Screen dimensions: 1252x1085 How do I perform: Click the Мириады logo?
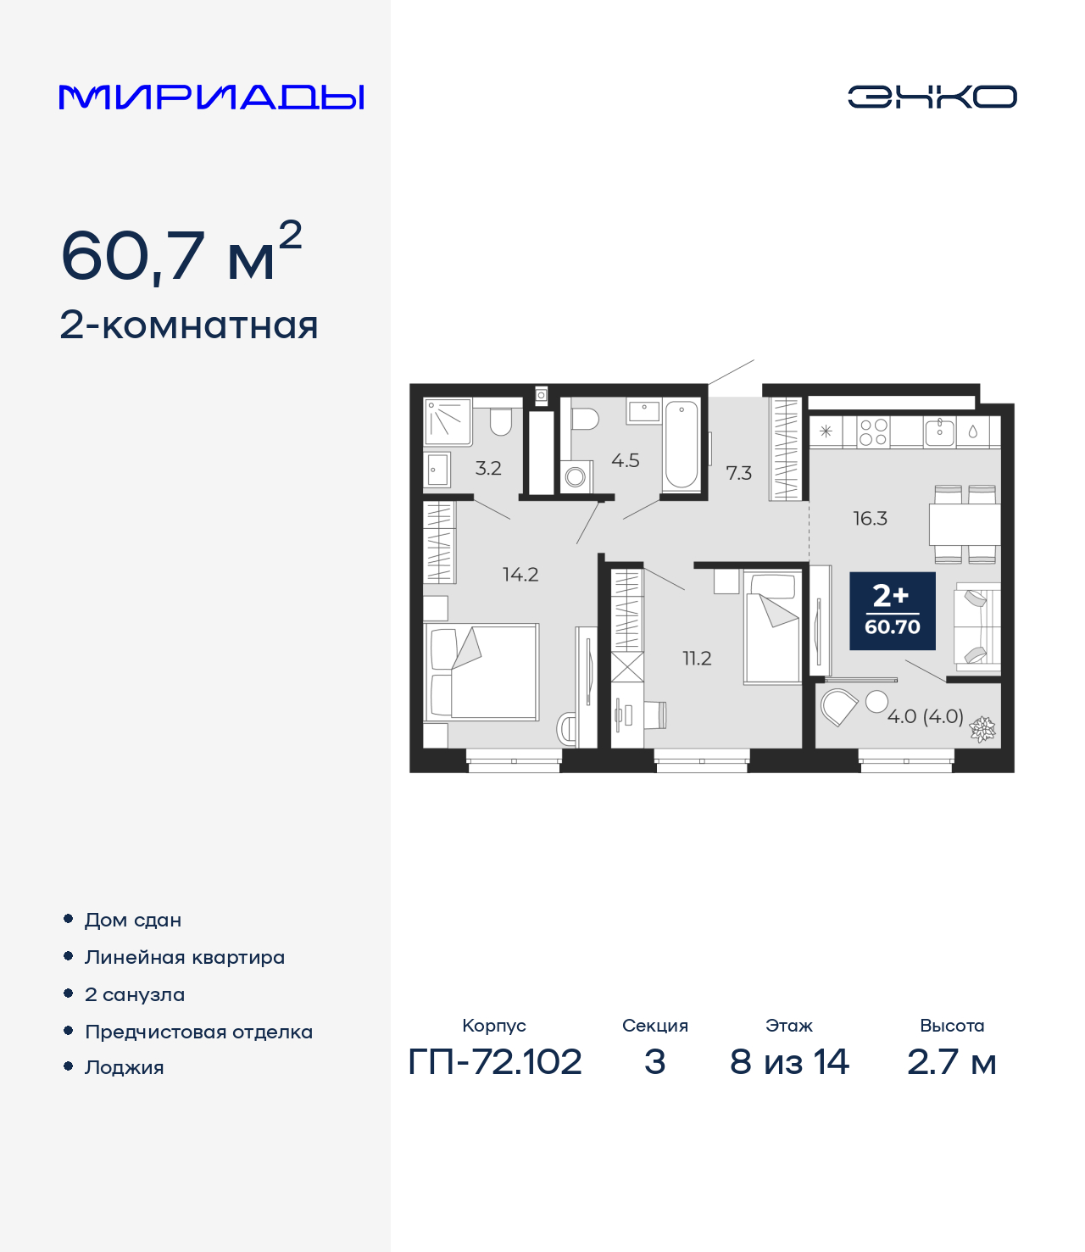[211, 97]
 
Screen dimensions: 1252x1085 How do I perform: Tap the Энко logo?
[932, 97]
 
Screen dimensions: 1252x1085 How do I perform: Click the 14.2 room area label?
[520, 575]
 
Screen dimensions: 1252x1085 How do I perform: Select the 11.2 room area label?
[697, 659]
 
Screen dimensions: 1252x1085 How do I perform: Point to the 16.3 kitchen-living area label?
[870, 519]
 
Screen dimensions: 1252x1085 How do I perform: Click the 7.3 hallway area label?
[738, 473]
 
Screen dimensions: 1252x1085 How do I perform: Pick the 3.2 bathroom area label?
[488, 468]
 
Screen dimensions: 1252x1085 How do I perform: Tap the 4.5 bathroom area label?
[626, 461]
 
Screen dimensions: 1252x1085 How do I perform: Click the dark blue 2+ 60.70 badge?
[893, 611]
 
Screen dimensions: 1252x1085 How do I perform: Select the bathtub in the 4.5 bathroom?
[682, 445]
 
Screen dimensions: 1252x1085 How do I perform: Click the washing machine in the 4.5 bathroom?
[576, 476]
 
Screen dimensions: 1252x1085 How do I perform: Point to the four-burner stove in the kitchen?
[873, 431]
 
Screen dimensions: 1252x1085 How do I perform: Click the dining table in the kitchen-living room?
[965, 525]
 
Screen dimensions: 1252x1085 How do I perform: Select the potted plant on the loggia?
[982, 728]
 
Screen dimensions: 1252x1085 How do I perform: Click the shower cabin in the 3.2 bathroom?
[447, 421]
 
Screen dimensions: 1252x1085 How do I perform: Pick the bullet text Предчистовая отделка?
[198, 1032]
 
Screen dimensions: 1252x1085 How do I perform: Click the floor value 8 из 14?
[789, 1062]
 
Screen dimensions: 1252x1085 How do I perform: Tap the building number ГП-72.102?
[495, 1062]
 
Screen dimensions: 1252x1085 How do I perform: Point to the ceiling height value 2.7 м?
[951, 1062]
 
